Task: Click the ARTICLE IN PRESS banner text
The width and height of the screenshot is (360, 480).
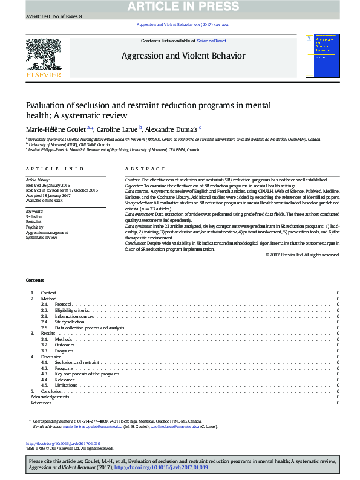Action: coord(180,6)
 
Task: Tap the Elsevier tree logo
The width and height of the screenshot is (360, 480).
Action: coord(44,56)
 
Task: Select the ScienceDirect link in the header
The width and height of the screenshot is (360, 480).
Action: coord(212,41)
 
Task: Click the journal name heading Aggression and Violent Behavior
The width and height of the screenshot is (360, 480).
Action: coord(184,56)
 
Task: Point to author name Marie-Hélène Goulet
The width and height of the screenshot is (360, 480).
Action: coord(56,128)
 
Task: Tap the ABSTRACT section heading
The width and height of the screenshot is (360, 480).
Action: coord(145,169)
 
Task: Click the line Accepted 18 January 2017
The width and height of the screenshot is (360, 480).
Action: coord(49,196)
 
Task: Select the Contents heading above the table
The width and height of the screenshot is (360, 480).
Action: coord(34,281)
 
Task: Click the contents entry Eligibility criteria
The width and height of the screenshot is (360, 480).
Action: coord(71,310)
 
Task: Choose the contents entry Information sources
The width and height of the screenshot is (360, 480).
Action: coord(74,316)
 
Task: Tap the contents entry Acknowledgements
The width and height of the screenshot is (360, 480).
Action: coord(50,397)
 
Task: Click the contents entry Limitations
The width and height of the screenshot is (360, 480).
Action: coord(66,385)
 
